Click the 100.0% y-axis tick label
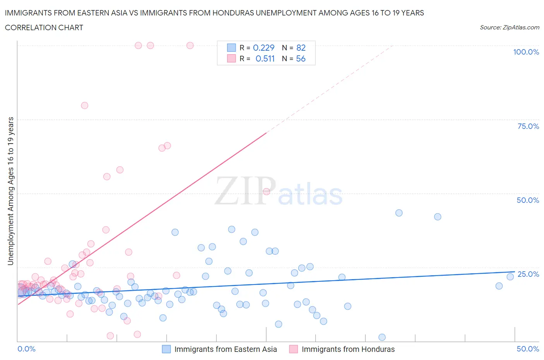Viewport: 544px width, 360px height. tap(526, 52)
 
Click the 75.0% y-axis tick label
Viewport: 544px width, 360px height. tap(528, 126)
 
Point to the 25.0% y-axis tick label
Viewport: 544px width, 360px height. tap(528, 274)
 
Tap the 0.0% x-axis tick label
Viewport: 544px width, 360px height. tap(26, 349)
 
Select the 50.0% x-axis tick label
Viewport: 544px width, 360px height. tap(528, 349)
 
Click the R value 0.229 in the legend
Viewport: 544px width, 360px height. tap(263, 48)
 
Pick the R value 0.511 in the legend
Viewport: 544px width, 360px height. tap(265, 58)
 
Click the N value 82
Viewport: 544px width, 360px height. tap(301, 48)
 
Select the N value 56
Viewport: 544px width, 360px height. tap(301, 58)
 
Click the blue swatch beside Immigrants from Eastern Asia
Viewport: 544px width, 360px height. tap(166, 349)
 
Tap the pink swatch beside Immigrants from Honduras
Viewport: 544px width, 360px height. tap(294, 349)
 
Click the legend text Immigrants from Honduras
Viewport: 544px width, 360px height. tap(348, 349)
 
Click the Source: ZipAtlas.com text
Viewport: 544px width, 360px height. tap(509, 27)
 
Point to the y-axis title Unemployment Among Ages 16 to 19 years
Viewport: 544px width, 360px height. tap(10, 191)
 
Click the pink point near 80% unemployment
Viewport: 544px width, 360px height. tap(84, 105)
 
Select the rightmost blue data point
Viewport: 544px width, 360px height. tap(510, 276)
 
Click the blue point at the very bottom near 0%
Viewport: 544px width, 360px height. tap(382, 337)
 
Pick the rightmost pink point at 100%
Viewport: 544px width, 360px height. tap(190, 45)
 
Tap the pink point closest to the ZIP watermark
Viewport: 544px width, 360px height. tap(266, 192)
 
